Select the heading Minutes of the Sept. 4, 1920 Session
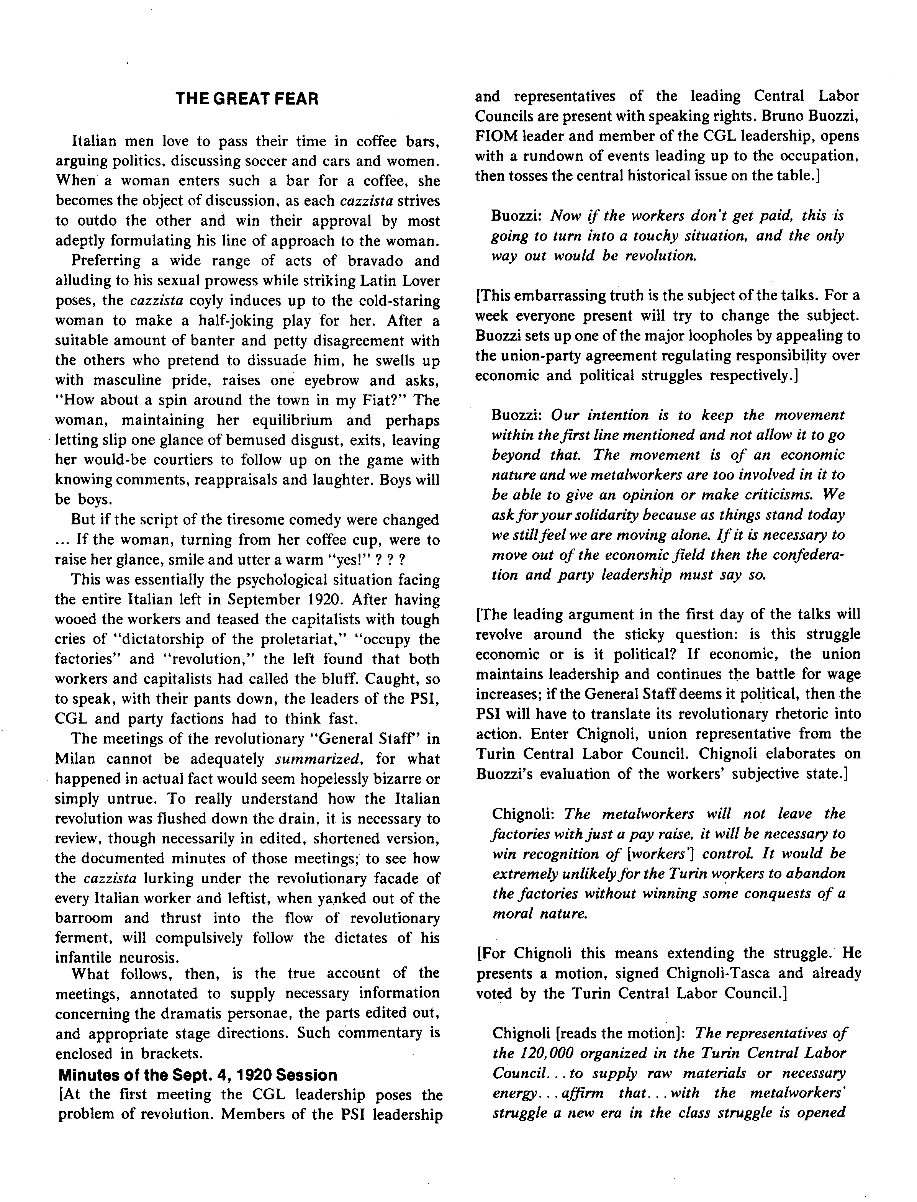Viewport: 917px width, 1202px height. pyautogui.click(x=198, y=1075)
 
